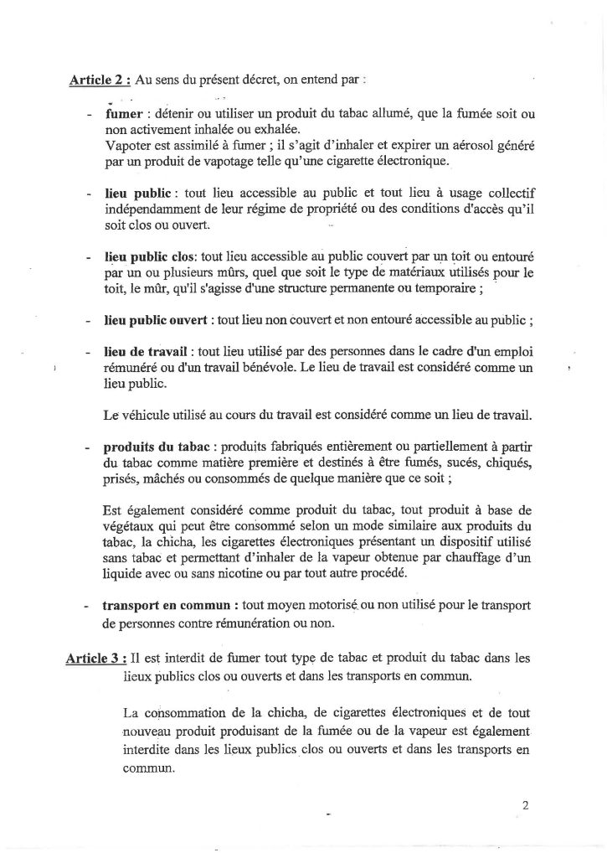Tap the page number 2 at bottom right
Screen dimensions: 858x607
click(525, 807)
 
